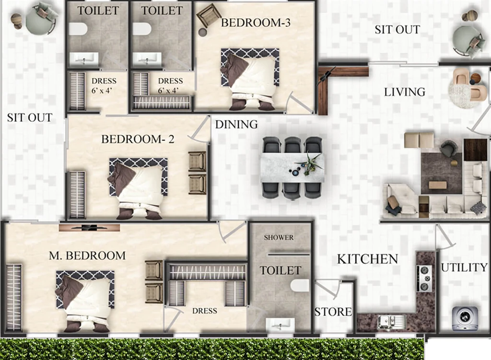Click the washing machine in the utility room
(x=465, y=318)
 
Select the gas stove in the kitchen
(x=424, y=279)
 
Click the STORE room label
(x=333, y=312)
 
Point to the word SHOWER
(x=279, y=237)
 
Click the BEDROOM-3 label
(x=256, y=23)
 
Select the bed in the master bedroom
(x=85, y=301)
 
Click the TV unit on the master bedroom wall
(x=89, y=228)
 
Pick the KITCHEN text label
(x=368, y=259)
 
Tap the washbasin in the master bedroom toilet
(x=280, y=325)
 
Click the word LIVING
(x=405, y=92)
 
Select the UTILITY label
(x=464, y=267)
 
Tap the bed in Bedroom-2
(x=138, y=188)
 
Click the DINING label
(x=236, y=125)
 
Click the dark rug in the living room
(x=441, y=173)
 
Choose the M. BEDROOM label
(x=87, y=256)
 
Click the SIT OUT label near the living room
(x=397, y=30)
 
